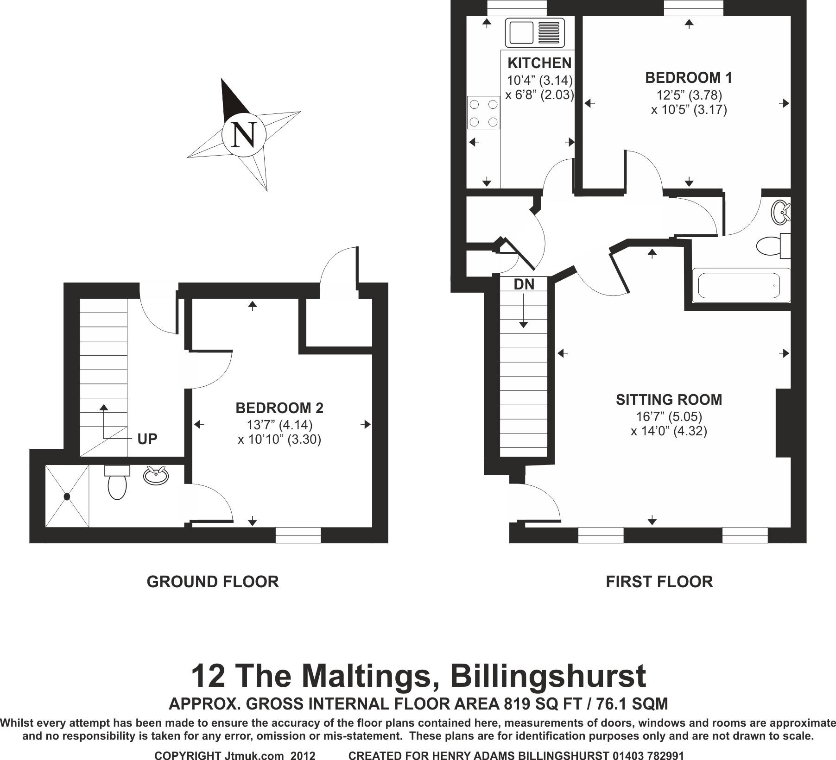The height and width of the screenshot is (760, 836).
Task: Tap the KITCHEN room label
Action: coord(539,63)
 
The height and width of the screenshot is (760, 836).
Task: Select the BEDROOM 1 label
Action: coord(689,78)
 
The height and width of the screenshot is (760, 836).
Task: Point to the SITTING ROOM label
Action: coord(669,400)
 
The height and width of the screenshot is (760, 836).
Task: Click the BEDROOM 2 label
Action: coord(279,408)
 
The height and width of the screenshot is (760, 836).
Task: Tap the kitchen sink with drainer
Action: coord(537,32)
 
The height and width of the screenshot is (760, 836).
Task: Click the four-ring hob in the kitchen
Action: coord(484,113)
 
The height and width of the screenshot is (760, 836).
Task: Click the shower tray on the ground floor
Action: coord(67,496)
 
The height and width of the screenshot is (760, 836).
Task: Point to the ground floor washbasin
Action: coord(156,476)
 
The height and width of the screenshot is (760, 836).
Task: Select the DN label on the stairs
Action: coord(524,284)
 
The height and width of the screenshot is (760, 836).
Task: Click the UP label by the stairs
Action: coord(147,439)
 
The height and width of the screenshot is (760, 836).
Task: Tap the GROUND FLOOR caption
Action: coord(213,582)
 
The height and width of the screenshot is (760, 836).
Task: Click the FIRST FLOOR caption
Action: coord(659,582)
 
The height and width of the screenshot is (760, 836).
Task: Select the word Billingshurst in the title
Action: coord(548,677)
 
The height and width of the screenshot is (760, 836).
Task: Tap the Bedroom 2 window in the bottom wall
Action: coord(298,535)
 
